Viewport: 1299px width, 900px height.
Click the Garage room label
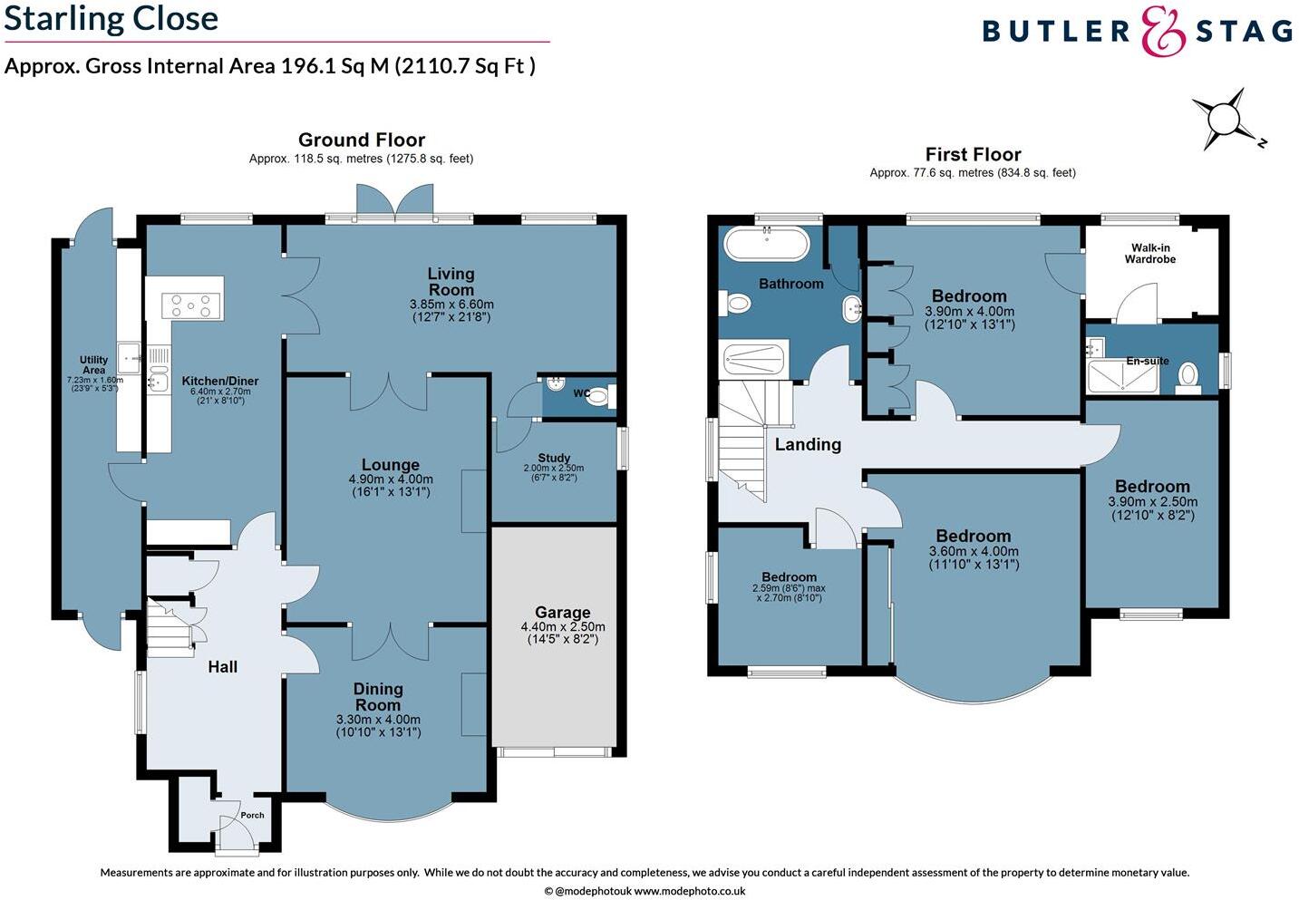click(x=562, y=613)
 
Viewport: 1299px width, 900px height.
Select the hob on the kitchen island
click(x=192, y=305)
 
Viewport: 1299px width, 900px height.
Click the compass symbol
click(x=1223, y=119)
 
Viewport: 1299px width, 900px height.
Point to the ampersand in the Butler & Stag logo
click(x=1163, y=32)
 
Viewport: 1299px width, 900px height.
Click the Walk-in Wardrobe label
click(x=1149, y=254)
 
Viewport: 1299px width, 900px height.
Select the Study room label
click(x=553, y=459)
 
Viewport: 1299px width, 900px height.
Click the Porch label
click(x=252, y=815)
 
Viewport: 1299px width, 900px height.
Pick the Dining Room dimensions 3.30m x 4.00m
click(x=378, y=720)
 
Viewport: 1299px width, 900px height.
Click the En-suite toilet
click(x=1188, y=375)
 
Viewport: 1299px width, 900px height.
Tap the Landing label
click(x=807, y=444)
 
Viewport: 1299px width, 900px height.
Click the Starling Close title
click(x=111, y=18)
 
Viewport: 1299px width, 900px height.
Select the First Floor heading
click(x=973, y=154)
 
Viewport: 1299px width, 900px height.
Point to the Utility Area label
click(x=93, y=364)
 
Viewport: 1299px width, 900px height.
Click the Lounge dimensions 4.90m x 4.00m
click(x=391, y=479)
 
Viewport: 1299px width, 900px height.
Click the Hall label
click(x=222, y=667)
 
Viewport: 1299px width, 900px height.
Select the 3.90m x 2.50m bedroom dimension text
click(x=1152, y=502)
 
